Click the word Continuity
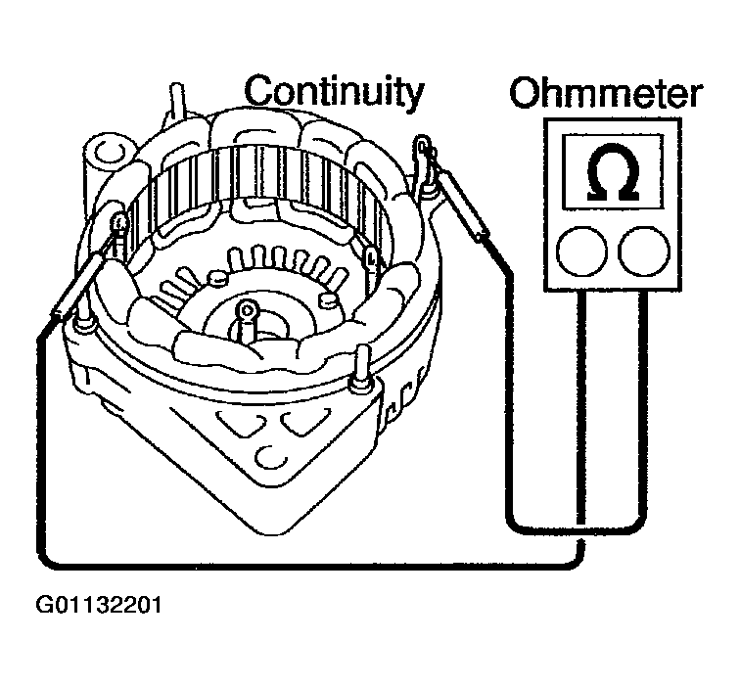coord(334,92)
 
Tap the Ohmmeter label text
coord(606,96)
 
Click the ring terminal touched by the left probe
coord(119,222)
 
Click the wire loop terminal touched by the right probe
coord(422,150)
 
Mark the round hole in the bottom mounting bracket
coord(268,456)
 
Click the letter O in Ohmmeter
coord(528,95)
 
